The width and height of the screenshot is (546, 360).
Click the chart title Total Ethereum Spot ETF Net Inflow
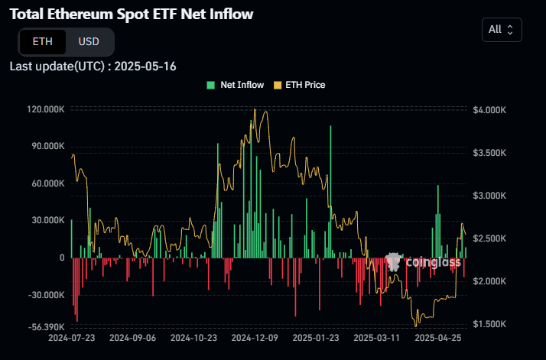tap(132, 15)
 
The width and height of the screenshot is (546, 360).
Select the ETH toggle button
tap(43, 41)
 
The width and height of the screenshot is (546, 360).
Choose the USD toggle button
tap(89, 41)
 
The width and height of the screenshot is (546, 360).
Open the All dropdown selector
tap(502, 29)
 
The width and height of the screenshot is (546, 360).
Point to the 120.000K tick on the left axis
tap(46, 110)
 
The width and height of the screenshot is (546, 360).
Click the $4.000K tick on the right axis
tap(489, 110)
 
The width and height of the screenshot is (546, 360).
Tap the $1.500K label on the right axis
tap(489, 324)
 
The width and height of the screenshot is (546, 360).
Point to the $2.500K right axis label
tap(489, 238)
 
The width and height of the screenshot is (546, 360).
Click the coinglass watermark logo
tap(424, 263)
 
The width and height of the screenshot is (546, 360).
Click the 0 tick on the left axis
tap(61, 258)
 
